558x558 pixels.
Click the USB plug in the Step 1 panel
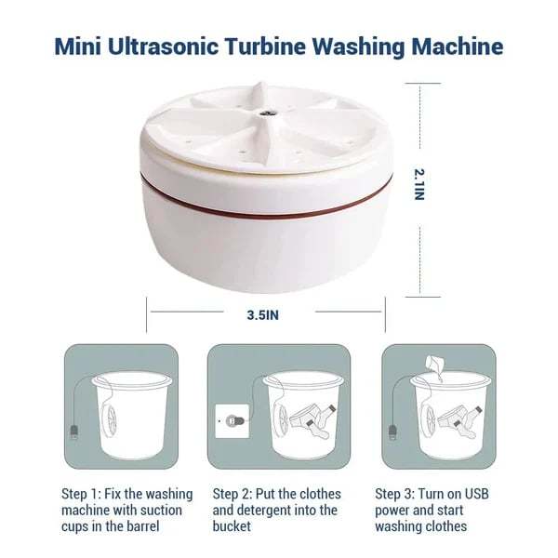(x=73, y=432)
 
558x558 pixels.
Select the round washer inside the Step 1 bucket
(x=110, y=421)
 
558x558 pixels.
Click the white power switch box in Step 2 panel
(x=232, y=420)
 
